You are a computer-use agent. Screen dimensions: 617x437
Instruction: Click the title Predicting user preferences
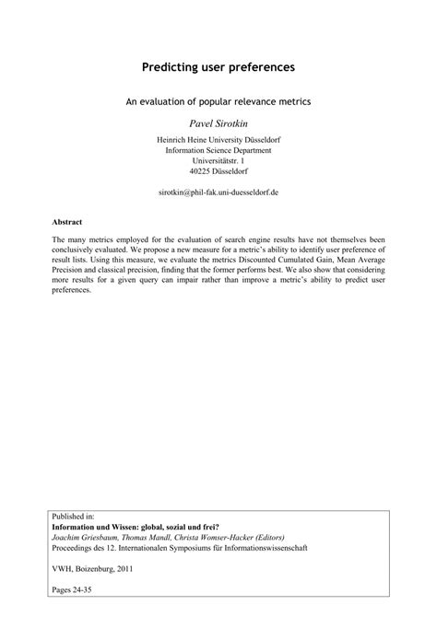pyautogui.click(x=218, y=67)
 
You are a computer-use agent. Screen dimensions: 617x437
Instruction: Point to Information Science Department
pyautogui.click(x=218, y=150)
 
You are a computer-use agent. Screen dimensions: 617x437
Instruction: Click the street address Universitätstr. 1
pyautogui.click(x=218, y=160)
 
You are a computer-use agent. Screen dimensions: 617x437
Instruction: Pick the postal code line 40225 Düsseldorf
pyautogui.click(x=218, y=170)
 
